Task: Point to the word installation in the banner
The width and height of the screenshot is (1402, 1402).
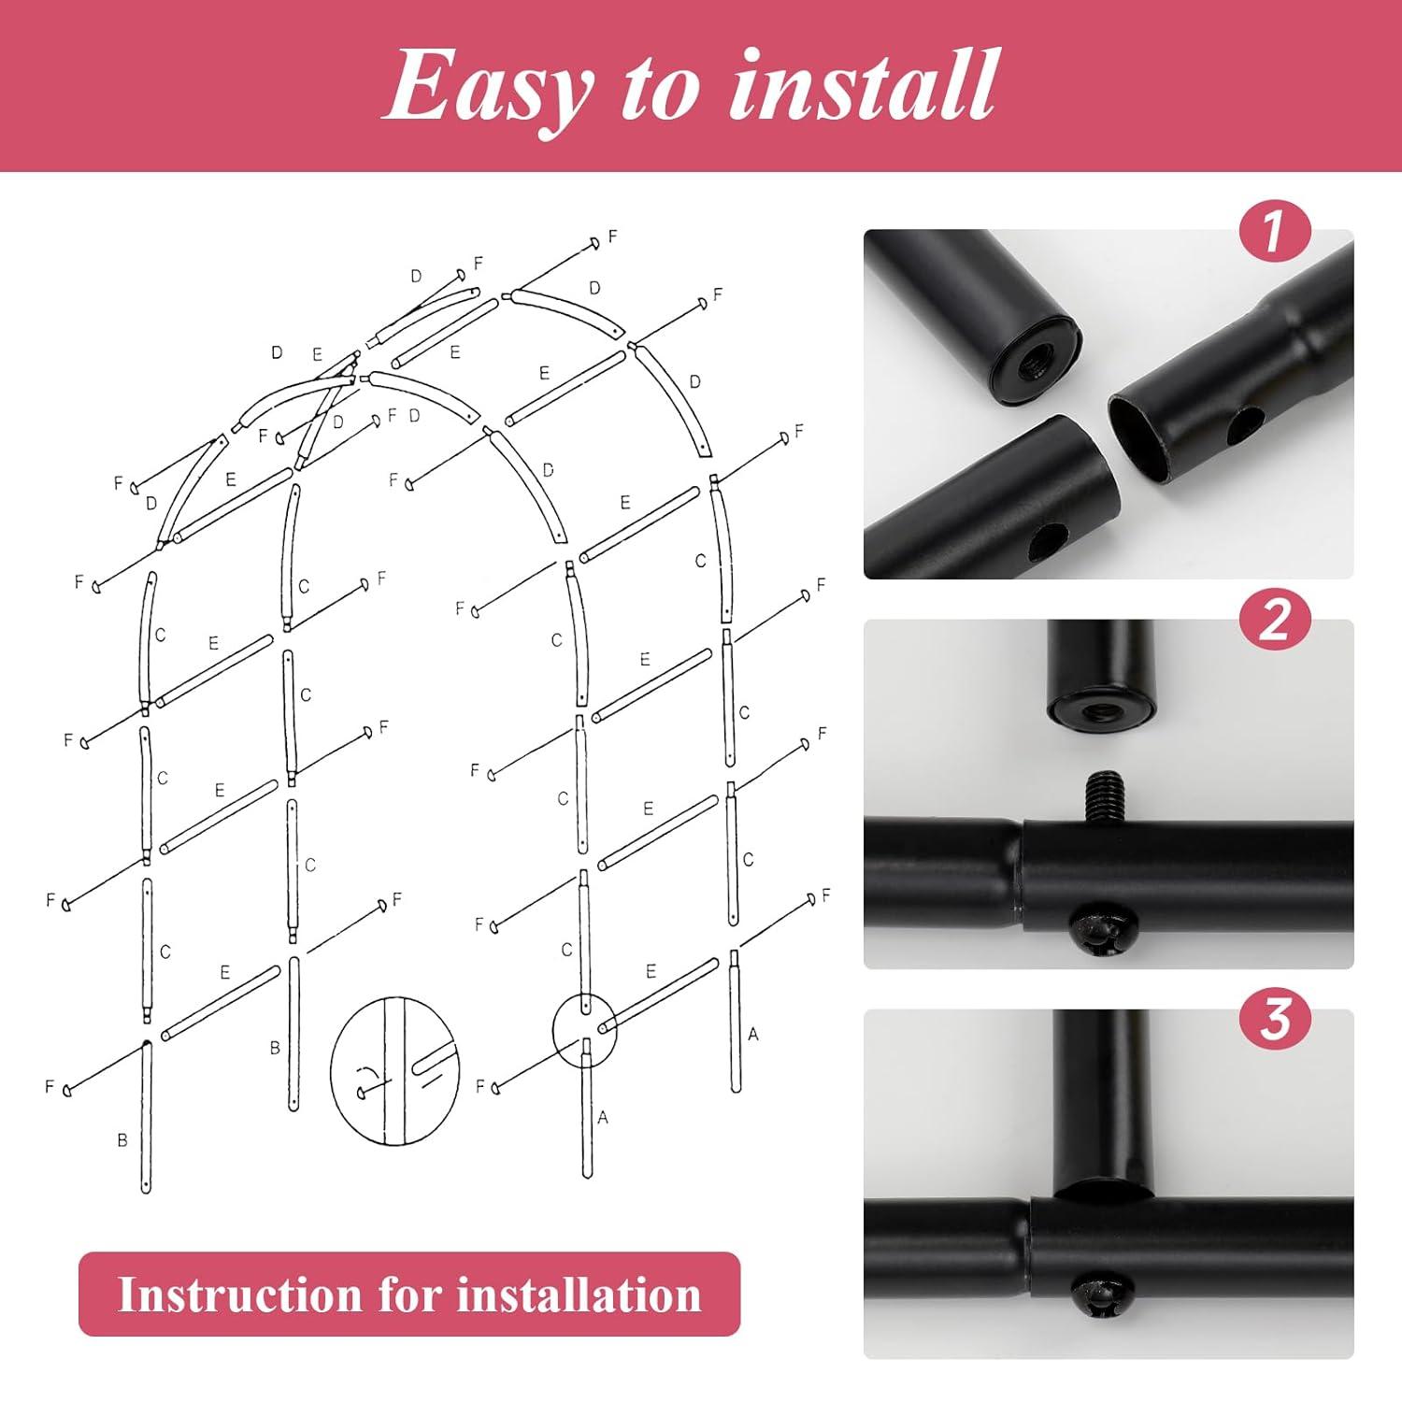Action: pos(579,1295)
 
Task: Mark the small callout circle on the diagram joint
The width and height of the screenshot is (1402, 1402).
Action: pos(584,1030)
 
